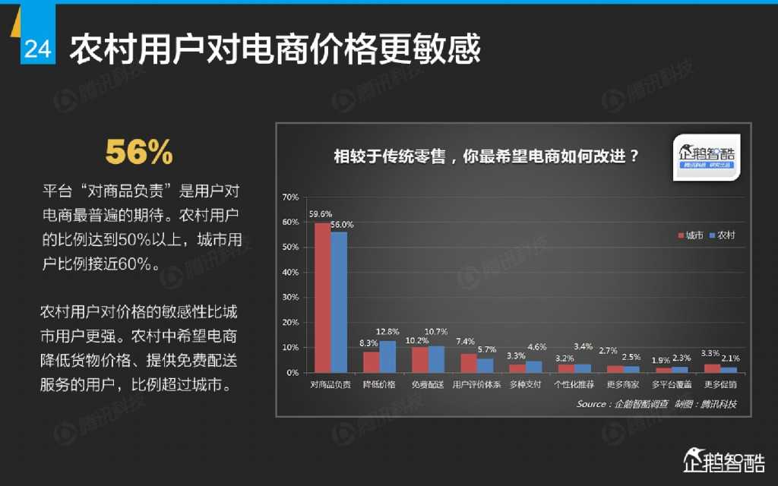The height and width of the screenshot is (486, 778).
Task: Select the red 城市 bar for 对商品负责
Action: tap(322, 298)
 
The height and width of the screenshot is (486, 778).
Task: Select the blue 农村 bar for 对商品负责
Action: tap(339, 302)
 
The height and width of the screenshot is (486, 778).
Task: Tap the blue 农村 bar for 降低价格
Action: tap(387, 357)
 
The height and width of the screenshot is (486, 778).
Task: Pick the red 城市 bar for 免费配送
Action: tap(419, 360)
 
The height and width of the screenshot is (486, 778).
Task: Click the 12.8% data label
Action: tap(387, 332)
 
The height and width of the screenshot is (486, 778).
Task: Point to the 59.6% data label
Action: tap(319, 213)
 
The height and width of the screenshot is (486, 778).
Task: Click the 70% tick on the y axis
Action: tap(289, 197)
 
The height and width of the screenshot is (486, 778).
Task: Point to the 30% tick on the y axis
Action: tap(289, 298)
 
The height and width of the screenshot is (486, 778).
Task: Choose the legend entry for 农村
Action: tap(722, 235)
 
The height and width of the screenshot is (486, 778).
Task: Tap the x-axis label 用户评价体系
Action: tap(476, 384)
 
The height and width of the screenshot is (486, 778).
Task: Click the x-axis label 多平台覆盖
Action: tap(671, 384)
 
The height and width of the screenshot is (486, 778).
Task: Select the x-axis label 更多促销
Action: tap(719, 384)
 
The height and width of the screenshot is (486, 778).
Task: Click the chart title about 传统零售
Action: tap(486, 157)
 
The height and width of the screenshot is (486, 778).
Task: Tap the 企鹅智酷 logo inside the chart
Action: tap(707, 158)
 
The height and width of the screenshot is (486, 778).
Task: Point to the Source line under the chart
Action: tap(656, 404)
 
